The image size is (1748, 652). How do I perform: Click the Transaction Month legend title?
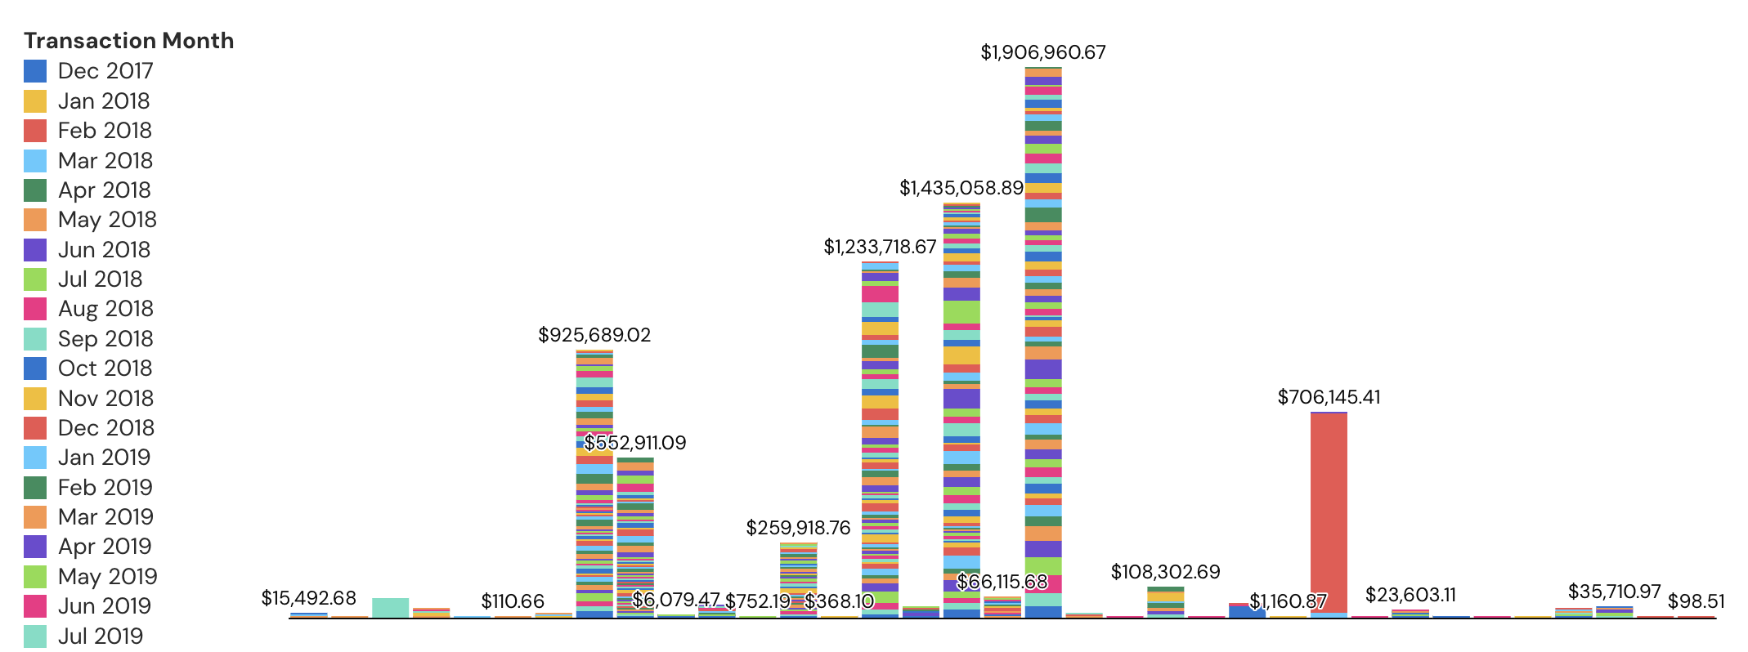point(128,41)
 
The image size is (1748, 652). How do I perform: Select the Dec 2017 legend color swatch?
point(35,71)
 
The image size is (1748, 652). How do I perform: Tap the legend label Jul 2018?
point(100,279)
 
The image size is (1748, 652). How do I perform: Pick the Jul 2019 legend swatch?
point(35,636)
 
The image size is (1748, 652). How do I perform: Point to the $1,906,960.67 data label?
point(1042,53)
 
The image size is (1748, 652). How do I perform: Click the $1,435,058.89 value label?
point(961,189)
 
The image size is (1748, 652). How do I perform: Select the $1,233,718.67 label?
point(879,248)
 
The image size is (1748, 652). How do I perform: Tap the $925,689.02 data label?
point(594,336)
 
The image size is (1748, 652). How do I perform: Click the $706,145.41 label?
point(1329,398)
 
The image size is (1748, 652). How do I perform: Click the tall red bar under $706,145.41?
point(1329,515)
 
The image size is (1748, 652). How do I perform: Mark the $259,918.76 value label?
point(798,529)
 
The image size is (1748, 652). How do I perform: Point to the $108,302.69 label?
point(1165,573)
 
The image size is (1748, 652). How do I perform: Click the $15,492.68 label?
point(308,599)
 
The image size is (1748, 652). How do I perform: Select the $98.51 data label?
point(1696,602)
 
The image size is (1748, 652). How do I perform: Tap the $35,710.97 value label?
point(1614,592)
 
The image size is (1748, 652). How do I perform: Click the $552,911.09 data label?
point(635,444)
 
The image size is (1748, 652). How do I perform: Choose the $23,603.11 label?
point(1410,596)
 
